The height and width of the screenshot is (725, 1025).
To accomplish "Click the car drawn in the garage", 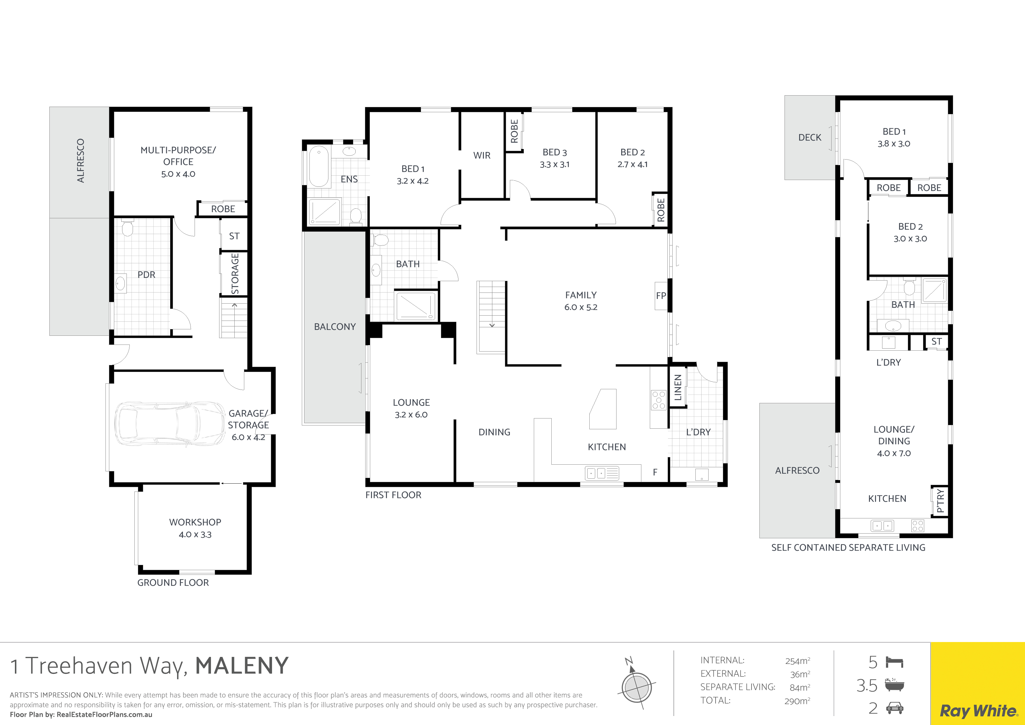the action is click(170, 423).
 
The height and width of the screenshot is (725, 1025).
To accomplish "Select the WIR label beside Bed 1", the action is click(482, 155).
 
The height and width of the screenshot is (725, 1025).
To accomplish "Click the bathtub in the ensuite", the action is click(319, 166).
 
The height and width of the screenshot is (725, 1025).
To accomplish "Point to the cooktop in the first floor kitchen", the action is click(659, 400).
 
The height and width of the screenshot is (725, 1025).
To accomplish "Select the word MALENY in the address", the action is click(242, 666).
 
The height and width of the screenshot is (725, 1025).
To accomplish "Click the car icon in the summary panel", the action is click(895, 708).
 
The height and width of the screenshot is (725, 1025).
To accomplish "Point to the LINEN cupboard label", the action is click(678, 387).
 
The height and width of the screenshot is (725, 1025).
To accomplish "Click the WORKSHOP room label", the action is click(195, 522).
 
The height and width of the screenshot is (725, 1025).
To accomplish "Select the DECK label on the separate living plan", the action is click(810, 138).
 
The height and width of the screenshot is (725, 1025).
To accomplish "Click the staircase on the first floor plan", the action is click(491, 317).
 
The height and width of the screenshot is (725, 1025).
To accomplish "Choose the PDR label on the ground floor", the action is click(146, 275).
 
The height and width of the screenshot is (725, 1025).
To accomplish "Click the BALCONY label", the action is click(335, 327).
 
